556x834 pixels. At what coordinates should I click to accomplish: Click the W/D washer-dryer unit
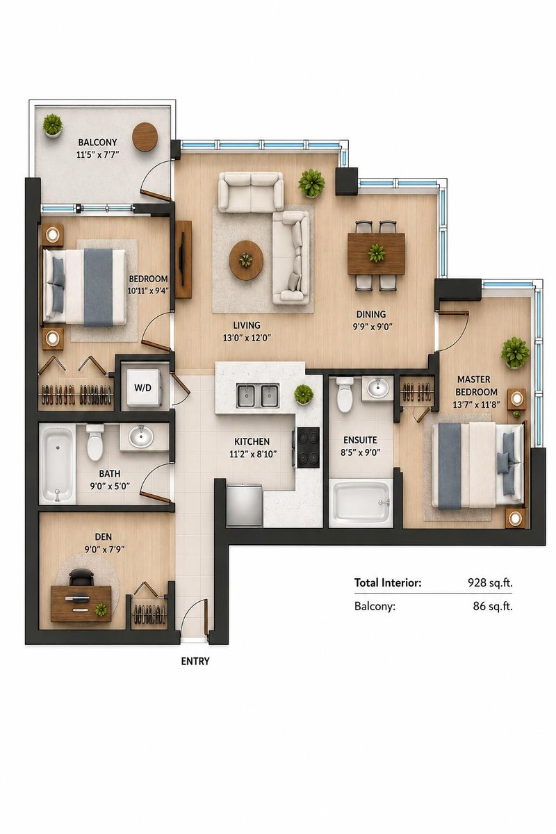[x=144, y=388]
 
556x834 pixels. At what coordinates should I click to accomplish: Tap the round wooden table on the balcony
[x=145, y=137]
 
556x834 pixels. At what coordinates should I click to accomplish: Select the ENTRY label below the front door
[x=195, y=661]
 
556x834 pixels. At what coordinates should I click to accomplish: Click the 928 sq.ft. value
[x=490, y=582]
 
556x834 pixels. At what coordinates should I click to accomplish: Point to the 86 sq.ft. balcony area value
[x=493, y=607]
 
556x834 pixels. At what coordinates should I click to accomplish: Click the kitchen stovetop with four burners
[x=308, y=447]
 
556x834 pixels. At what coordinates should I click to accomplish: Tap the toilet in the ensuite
[x=345, y=394]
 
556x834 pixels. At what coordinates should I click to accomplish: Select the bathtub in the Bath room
[x=58, y=464]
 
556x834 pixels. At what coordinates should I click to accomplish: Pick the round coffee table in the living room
[x=246, y=259]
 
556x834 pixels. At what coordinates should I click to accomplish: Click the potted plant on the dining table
[x=377, y=253]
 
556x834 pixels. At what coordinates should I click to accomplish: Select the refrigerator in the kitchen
[x=244, y=505]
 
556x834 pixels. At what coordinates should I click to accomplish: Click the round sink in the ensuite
[x=377, y=388]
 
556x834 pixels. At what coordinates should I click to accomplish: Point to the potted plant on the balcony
[x=53, y=125]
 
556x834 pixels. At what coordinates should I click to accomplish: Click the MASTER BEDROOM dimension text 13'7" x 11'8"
[x=476, y=404]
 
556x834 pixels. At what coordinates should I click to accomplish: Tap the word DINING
[x=371, y=314]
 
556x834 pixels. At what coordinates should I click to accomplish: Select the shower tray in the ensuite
[x=361, y=502]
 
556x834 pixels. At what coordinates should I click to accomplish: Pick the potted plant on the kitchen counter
[x=304, y=393]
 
